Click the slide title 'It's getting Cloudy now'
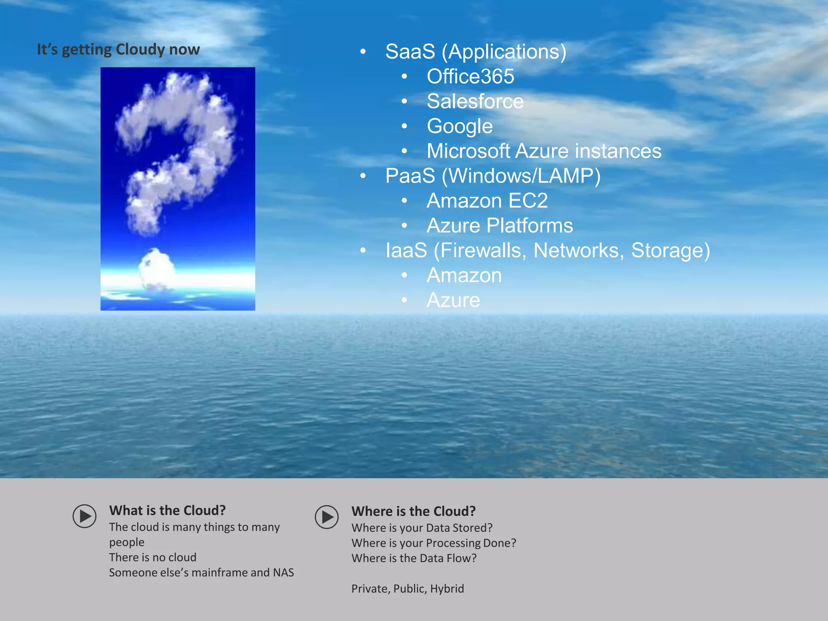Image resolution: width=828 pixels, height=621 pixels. pyautogui.click(x=118, y=49)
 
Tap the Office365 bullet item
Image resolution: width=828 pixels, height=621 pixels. pyautogui.click(x=470, y=76)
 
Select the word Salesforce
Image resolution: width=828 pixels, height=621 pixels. pyautogui.click(x=475, y=101)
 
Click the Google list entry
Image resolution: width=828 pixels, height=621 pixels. pyautogui.click(x=460, y=126)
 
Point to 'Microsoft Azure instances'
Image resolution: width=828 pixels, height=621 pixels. pyautogui.click(x=544, y=151)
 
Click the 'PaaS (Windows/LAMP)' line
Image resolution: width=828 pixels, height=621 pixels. pyautogui.click(x=492, y=176)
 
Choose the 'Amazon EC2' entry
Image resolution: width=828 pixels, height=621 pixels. pyautogui.click(x=487, y=201)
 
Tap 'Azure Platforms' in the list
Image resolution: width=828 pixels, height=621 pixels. pyautogui.click(x=500, y=226)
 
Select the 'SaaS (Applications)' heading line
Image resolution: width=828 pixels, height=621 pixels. pyautogui.click(x=475, y=51)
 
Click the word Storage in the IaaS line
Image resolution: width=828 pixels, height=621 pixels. pyautogui.click(x=670, y=250)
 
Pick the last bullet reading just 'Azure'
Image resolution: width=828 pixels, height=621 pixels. pyautogui.click(x=453, y=300)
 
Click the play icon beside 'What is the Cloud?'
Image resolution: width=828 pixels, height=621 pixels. pyautogui.click(x=84, y=516)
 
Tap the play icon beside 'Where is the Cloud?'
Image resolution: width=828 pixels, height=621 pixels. pyautogui.click(x=327, y=517)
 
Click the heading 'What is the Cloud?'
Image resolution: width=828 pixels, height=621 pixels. pyautogui.click(x=167, y=510)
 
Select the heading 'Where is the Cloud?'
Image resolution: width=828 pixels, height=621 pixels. pyautogui.click(x=413, y=511)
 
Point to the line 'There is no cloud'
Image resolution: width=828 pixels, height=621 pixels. pyautogui.click(x=152, y=557)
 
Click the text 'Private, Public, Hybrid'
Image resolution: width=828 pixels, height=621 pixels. pyautogui.click(x=408, y=588)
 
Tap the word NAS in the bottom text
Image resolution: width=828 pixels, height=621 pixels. pyautogui.click(x=283, y=572)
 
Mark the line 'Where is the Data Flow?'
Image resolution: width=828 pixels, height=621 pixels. pyautogui.click(x=414, y=558)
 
